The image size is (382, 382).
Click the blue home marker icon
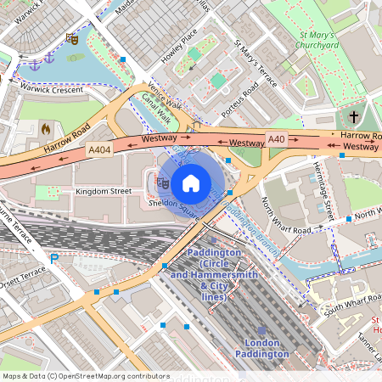tap(191, 183)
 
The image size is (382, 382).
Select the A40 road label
tap(277, 139)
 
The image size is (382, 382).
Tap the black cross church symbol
tap(354, 117)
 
